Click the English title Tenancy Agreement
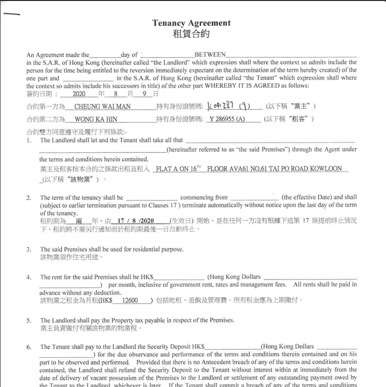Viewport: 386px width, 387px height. point(191,23)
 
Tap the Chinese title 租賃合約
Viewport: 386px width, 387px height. point(191,34)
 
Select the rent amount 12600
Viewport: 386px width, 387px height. point(130,300)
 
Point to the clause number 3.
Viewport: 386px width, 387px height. point(29,250)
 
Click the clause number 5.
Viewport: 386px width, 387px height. point(29,320)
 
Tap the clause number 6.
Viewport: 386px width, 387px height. point(29,347)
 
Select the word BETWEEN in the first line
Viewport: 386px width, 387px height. point(210,55)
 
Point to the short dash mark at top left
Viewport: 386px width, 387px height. point(12,14)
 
